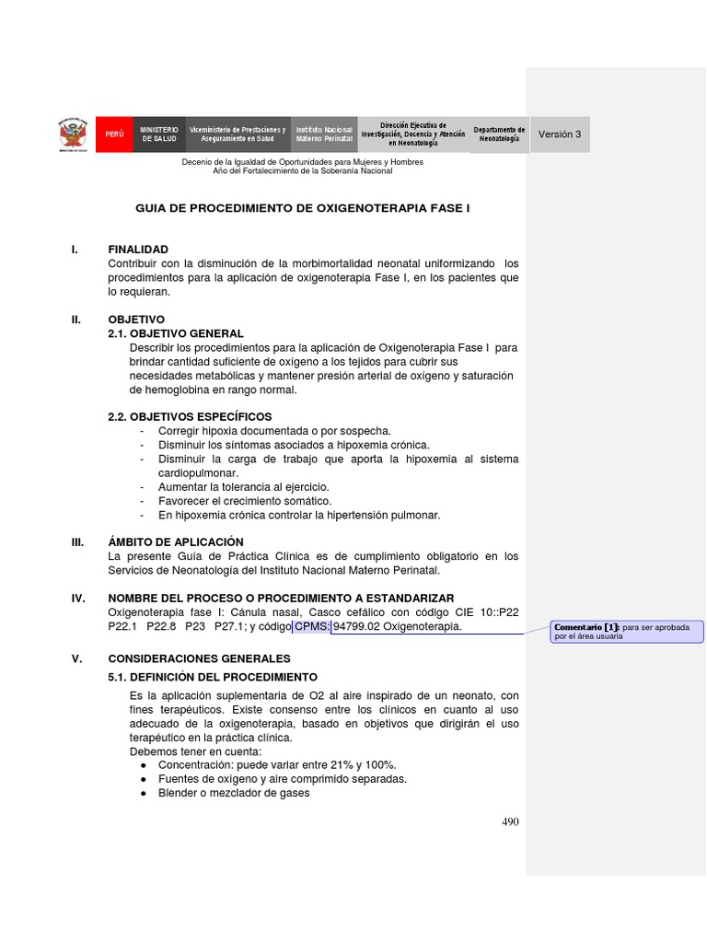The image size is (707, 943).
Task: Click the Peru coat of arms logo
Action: (x=74, y=134)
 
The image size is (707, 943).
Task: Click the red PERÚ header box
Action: (x=113, y=134)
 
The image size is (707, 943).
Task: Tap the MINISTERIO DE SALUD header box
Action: (x=158, y=134)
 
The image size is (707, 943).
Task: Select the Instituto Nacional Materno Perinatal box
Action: (x=323, y=134)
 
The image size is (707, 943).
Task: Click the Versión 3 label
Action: (x=560, y=134)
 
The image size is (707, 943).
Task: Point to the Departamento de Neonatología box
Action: (x=499, y=134)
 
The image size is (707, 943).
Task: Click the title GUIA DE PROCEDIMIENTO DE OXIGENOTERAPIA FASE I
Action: (x=303, y=209)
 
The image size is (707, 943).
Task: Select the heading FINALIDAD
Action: (x=138, y=250)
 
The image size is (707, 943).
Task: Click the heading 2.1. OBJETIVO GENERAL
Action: (x=176, y=333)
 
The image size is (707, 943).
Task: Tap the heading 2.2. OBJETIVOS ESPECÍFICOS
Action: (x=190, y=417)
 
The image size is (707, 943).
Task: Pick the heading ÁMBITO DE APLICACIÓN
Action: (x=176, y=542)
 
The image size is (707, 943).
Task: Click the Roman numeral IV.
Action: (x=78, y=599)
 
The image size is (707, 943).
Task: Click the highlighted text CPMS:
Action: (x=312, y=627)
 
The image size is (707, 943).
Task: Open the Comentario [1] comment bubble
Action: (x=626, y=631)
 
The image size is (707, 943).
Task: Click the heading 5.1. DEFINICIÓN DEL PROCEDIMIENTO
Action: (x=213, y=676)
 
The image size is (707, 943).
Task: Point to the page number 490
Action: (x=510, y=822)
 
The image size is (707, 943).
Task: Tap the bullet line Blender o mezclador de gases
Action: (x=234, y=793)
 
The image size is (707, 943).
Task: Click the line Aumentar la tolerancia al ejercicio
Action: (x=243, y=486)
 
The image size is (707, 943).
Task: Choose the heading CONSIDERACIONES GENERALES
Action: (x=199, y=658)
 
